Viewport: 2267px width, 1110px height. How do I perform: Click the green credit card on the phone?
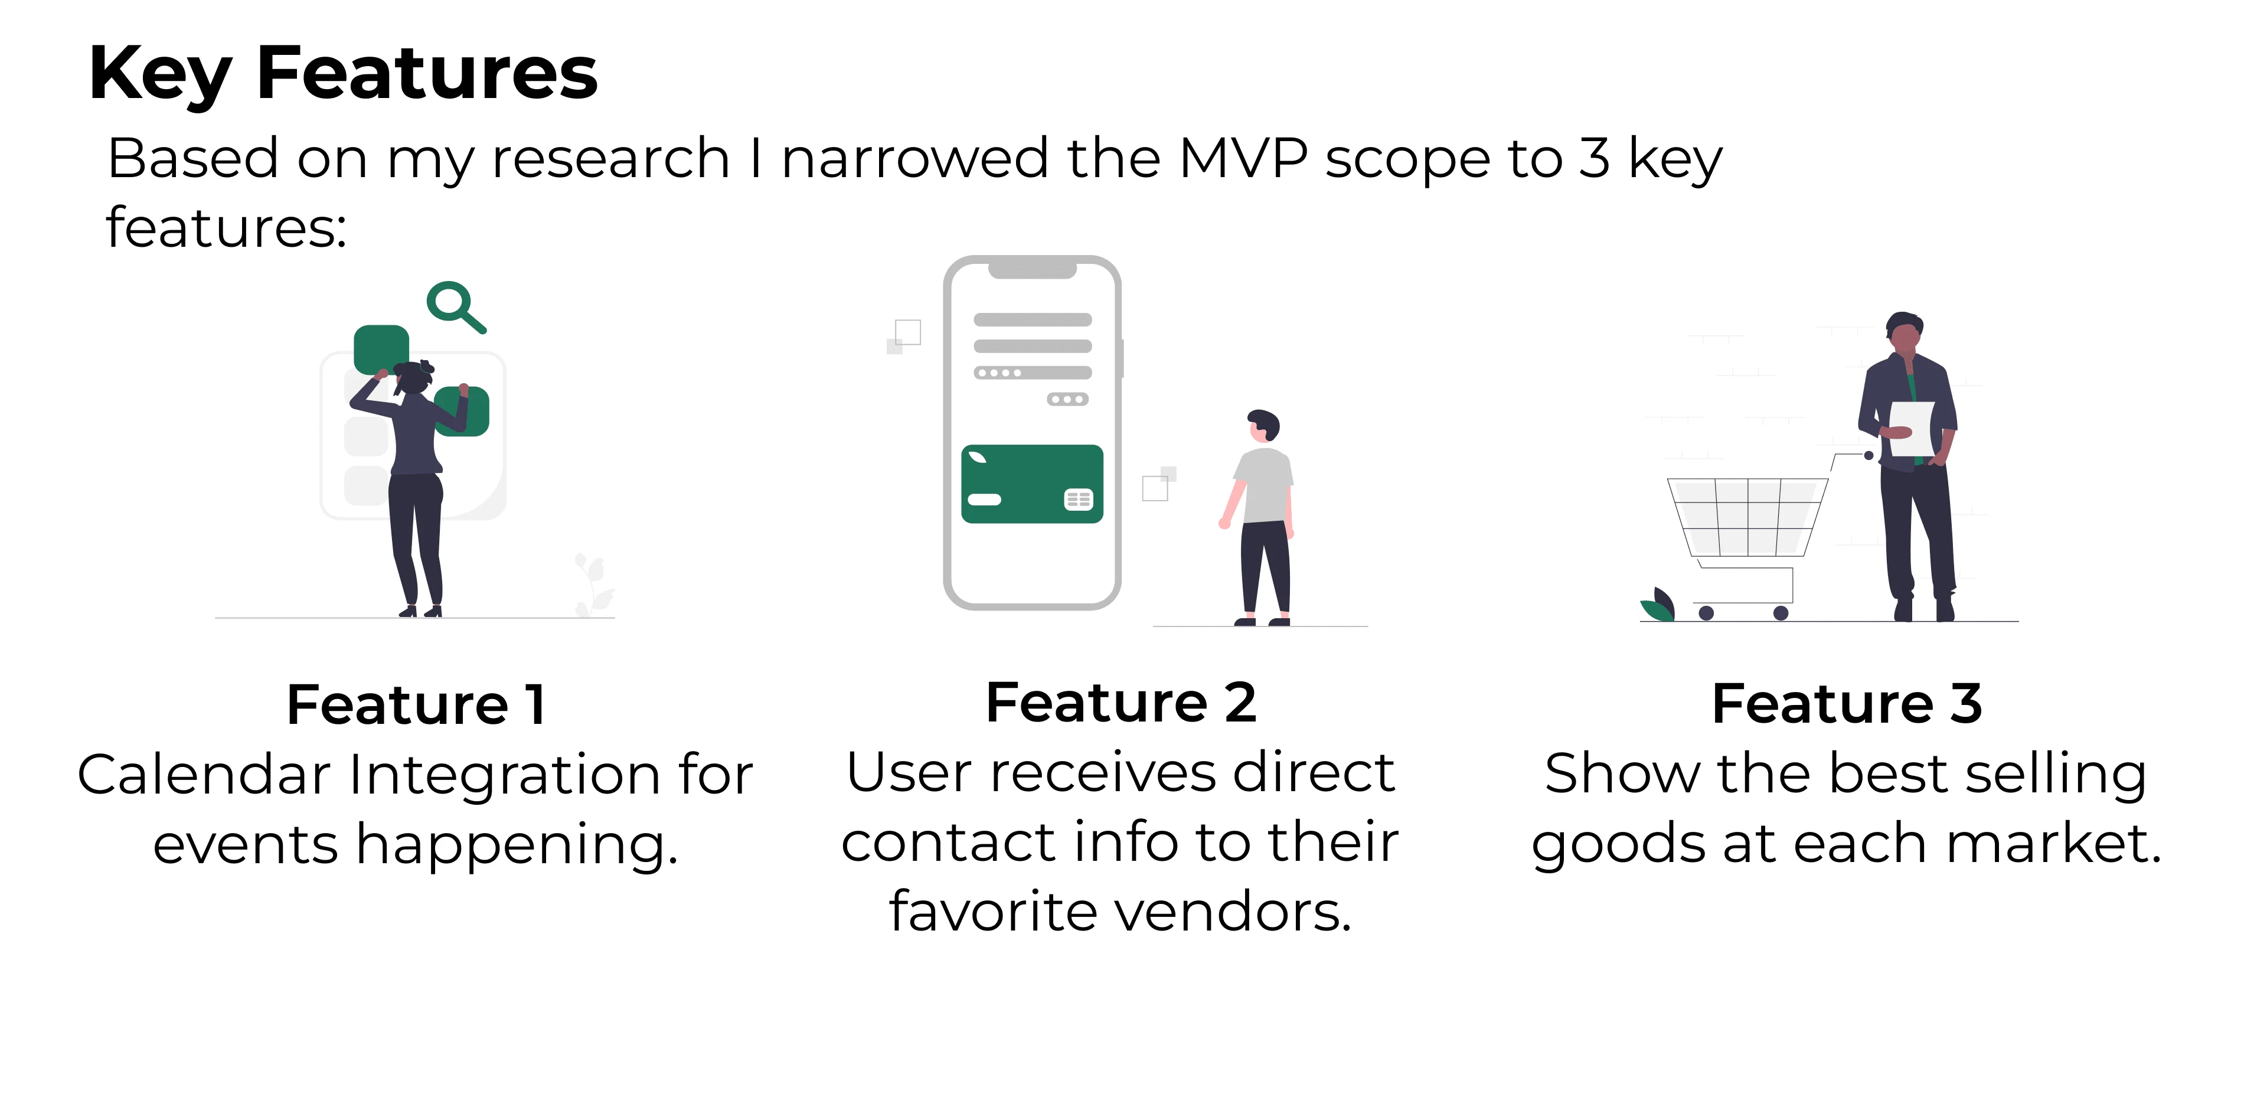point(1033,484)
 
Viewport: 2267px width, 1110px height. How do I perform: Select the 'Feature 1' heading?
point(416,704)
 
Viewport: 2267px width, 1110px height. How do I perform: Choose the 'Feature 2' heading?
point(1121,703)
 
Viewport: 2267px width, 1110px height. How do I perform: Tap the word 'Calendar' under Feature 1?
point(204,775)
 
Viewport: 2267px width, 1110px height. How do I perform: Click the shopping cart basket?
point(1747,518)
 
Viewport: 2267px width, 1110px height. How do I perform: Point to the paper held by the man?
point(1912,429)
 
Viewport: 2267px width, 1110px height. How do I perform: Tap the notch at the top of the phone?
point(1033,269)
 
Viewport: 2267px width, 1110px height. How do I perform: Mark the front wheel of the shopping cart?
point(1706,613)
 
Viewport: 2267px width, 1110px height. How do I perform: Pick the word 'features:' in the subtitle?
point(226,228)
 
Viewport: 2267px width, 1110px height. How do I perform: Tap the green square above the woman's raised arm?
point(381,350)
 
